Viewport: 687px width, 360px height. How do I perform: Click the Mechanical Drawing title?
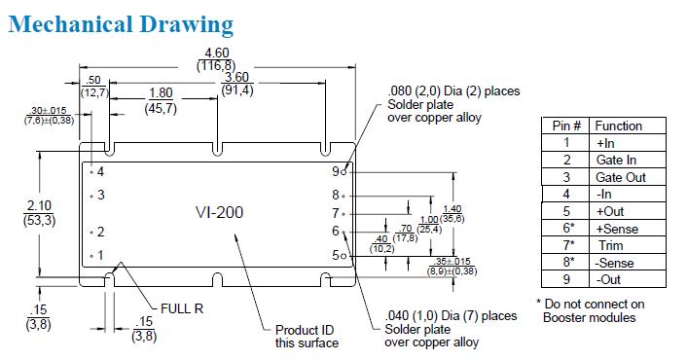click(x=121, y=24)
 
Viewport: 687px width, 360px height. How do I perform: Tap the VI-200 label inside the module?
click(x=219, y=212)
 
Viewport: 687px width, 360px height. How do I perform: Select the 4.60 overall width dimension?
click(x=217, y=53)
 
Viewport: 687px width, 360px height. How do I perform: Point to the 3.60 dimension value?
click(x=236, y=77)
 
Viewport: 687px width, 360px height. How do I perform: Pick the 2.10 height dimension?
click(x=39, y=205)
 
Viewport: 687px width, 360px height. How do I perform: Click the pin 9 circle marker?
click(x=343, y=172)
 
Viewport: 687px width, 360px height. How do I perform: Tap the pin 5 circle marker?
click(x=343, y=256)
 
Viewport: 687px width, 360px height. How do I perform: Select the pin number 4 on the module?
click(x=100, y=171)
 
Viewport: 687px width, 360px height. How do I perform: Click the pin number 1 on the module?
click(x=101, y=255)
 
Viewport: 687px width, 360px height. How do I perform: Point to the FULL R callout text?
click(x=182, y=308)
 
